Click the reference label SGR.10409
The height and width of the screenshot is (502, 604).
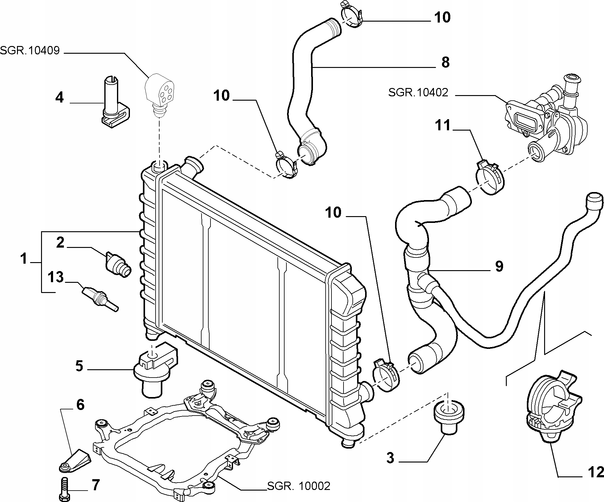pyautogui.click(x=30, y=50)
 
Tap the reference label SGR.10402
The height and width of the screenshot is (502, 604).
pyautogui.click(x=418, y=92)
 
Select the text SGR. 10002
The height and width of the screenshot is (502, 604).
pyautogui.click(x=298, y=486)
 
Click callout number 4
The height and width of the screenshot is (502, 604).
pyautogui.click(x=59, y=98)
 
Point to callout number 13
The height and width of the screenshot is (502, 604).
pyautogui.click(x=56, y=277)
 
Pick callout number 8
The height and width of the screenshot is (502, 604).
pyautogui.click(x=445, y=62)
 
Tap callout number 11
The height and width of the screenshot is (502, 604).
pyautogui.click(x=443, y=126)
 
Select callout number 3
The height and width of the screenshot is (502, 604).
pyautogui.click(x=390, y=458)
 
